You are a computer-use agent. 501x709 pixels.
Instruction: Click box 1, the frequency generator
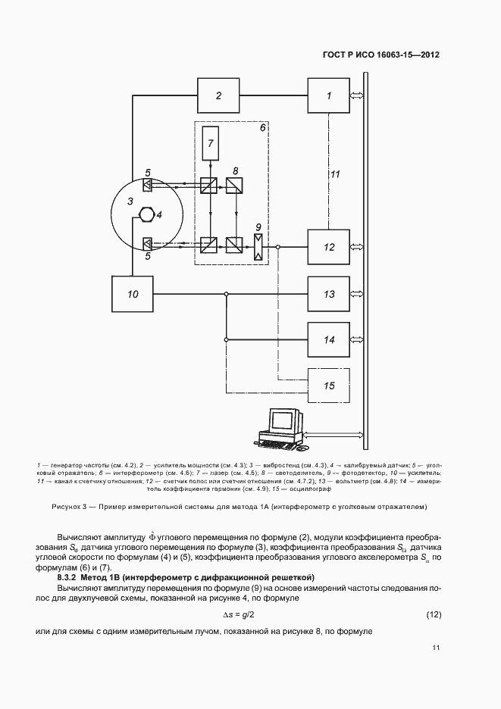[x=328, y=95]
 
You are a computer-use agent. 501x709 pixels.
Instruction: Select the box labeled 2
[x=218, y=95]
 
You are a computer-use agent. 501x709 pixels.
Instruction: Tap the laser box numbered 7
[x=212, y=143]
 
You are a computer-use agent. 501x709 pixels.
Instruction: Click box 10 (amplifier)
[x=133, y=295]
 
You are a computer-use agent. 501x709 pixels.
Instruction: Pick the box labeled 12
[x=328, y=247]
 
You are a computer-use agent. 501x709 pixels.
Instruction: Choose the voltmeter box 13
[x=328, y=294]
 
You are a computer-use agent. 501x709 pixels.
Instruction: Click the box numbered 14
[x=328, y=340]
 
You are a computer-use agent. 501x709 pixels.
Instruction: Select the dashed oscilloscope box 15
[x=328, y=386]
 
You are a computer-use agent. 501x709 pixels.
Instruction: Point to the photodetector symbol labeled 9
[x=259, y=245]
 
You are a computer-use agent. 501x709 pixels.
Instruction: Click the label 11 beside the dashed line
[x=334, y=174]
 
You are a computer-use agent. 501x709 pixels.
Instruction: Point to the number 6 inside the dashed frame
[x=262, y=129]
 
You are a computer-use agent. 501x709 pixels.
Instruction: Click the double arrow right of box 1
[x=357, y=95]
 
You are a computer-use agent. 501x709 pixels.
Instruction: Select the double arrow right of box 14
[x=357, y=340]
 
